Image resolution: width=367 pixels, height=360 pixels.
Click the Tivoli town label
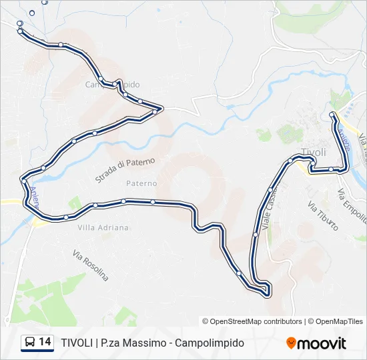pyautogui.click(x=314, y=152)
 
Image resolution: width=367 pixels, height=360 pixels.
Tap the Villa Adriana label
pyautogui.click(x=103, y=227)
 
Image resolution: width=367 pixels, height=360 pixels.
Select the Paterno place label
pyautogui.click(x=141, y=183)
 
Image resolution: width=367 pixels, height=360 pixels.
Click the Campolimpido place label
pyautogui.click(x=112, y=85)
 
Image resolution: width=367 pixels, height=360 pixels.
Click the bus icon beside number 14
pyautogui.click(x=30, y=343)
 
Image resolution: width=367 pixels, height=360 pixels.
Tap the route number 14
pyautogui.click(x=45, y=342)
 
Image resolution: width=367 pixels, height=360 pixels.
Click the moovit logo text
pyautogui.click(x=322, y=343)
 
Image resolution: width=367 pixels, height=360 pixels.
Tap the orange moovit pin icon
pyautogui.click(x=291, y=343)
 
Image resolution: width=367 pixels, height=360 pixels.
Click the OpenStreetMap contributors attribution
pyautogui.click(x=252, y=321)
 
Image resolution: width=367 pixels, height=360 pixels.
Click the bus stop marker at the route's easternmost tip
pyautogui.click(x=343, y=169)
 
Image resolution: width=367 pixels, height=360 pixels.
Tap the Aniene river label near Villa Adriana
pyautogui.click(x=33, y=198)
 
